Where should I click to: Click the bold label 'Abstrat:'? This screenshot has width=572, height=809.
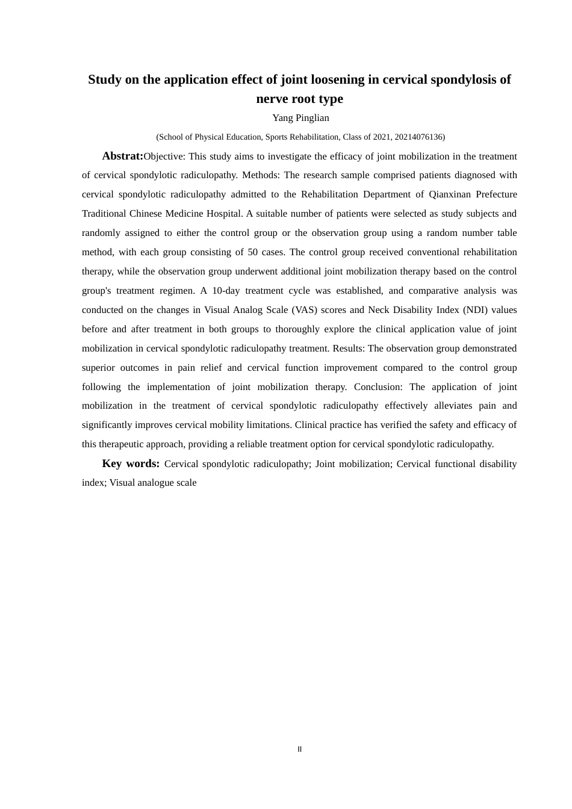click(123, 156)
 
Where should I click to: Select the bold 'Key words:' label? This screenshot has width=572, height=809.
click(131, 463)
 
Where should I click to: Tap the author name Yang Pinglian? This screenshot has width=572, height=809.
click(300, 118)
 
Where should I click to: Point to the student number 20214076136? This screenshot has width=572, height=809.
click(418, 137)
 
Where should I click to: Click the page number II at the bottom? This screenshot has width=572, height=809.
click(300, 749)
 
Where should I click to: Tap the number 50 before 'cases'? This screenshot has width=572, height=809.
click(253, 252)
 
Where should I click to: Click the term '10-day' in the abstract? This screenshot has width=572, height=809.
click(226, 291)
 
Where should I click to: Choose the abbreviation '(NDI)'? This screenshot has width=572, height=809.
click(475, 310)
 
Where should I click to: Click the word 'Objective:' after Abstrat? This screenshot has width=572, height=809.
click(164, 157)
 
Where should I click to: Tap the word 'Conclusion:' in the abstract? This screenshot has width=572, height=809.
click(378, 387)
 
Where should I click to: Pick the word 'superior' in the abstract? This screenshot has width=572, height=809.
click(99, 368)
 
